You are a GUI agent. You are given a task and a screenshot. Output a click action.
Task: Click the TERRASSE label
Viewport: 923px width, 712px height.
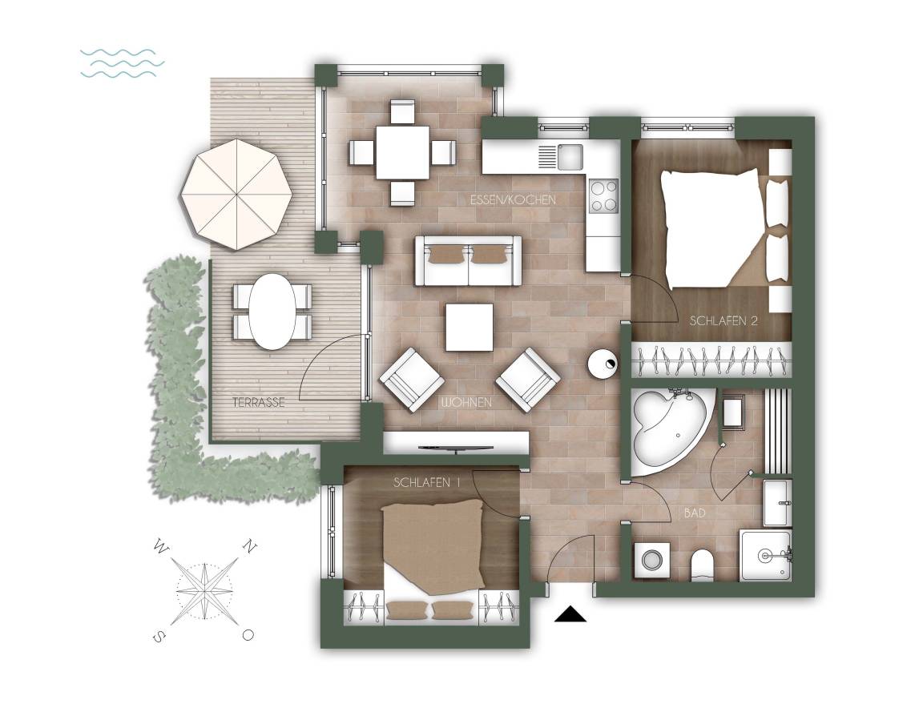pyautogui.click(x=259, y=403)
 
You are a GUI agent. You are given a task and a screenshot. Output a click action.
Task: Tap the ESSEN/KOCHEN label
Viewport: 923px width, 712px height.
pyautogui.click(x=513, y=200)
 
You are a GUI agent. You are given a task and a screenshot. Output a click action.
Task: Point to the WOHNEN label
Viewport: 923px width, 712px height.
pyautogui.click(x=467, y=403)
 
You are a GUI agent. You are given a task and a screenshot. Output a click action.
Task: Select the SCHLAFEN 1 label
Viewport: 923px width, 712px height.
pyautogui.click(x=426, y=482)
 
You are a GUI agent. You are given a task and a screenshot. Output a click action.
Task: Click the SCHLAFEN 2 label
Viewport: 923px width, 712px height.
pyautogui.click(x=723, y=321)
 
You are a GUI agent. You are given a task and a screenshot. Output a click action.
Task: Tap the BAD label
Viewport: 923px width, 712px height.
pyautogui.click(x=695, y=513)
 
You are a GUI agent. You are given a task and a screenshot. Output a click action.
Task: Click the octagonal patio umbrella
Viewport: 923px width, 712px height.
pyautogui.click(x=236, y=194)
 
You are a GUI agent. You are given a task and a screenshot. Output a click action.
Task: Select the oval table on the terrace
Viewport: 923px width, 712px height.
pyautogui.click(x=272, y=312)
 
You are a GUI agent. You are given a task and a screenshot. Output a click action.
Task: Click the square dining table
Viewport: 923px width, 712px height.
pyautogui.click(x=403, y=153)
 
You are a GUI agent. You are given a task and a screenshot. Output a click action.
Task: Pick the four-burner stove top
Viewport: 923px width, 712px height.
pyautogui.click(x=604, y=195)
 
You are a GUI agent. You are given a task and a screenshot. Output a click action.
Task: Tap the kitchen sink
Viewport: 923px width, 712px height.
pyautogui.click(x=570, y=157)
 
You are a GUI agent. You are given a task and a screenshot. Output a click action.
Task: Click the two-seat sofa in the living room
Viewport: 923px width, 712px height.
pyautogui.click(x=468, y=260)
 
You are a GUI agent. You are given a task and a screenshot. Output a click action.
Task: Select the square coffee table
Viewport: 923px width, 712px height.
pyautogui.click(x=470, y=327)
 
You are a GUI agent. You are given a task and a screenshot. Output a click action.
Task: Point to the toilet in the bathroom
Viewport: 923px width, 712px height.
pyautogui.click(x=701, y=564)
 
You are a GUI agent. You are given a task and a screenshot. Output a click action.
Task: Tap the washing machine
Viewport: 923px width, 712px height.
pyautogui.click(x=651, y=560)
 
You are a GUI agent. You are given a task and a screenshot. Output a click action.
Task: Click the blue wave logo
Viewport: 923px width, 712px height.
pyautogui.click(x=122, y=63)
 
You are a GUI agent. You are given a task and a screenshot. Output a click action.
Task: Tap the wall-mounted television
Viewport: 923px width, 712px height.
pyautogui.click(x=455, y=449)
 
